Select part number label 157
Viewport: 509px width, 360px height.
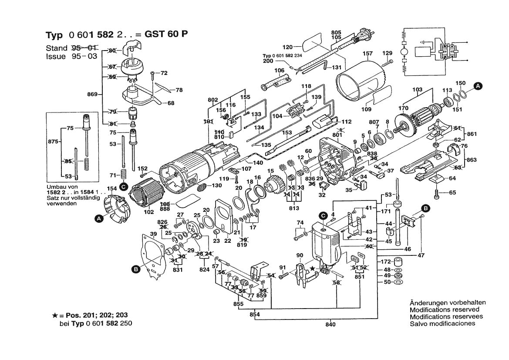(x=368, y=54)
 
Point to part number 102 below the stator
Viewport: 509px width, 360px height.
(x=149, y=212)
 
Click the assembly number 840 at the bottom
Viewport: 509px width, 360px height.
(x=330, y=324)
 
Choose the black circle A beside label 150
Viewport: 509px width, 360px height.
(x=478, y=86)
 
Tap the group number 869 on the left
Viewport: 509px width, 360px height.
(x=92, y=94)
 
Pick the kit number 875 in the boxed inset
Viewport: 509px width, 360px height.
(x=53, y=142)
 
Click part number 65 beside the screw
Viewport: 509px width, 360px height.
(x=453, y=192)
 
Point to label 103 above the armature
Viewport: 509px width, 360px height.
(x=417, y=90)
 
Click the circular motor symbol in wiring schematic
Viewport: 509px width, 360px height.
(x=404, y=51)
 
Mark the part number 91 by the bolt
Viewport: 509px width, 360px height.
(x=282, y=267)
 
